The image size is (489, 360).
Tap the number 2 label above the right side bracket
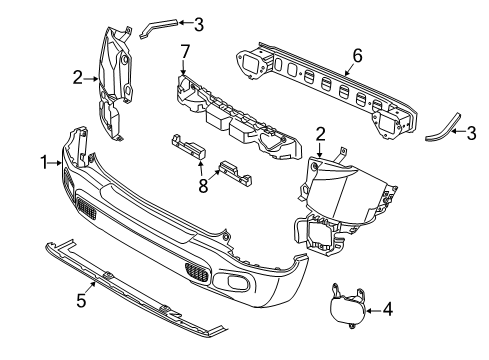click(322, 132)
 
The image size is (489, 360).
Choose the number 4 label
click(387, 309)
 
